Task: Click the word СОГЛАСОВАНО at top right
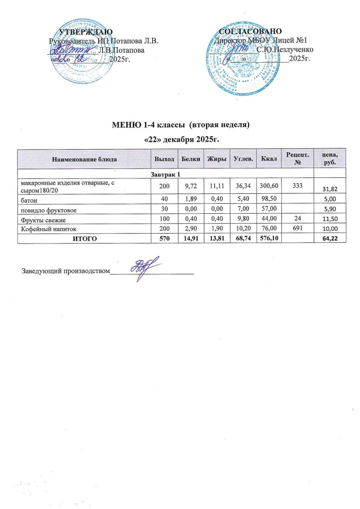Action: pyautogui.click(x=251, y=32)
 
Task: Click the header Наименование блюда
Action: pyautogui.click(x=84, y=159)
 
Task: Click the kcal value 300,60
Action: pyautogui.click(x=269, y=184)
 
